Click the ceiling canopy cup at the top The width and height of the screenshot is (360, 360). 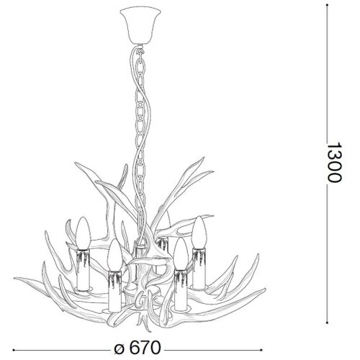tap(140, 26)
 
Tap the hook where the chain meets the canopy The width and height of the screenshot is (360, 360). tap(140, 52)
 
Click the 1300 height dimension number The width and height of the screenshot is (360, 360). tap(334, 163)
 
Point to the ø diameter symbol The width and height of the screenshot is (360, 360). tap(120, 349)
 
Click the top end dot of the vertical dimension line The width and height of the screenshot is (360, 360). tap(327, 5)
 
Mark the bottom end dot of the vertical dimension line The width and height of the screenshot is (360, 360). tap(327, 323)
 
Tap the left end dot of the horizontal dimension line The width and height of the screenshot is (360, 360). tap(14, 350)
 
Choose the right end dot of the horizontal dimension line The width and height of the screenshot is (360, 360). tap(261, 350)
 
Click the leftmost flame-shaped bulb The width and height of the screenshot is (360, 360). tap(84, 233)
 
